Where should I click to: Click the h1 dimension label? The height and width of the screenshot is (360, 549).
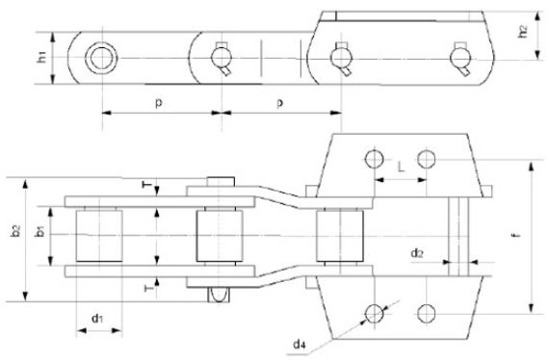pos(41,58)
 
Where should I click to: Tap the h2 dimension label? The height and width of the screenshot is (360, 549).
pos(522,31)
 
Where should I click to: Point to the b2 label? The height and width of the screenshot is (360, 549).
pos(13,234)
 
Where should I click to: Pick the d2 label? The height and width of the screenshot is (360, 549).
pos(416,253)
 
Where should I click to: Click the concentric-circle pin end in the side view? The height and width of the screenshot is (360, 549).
pos(98,59)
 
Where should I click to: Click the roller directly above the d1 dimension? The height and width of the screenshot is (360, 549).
pos(98,236)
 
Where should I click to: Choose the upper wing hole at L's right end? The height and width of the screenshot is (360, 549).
pos(426,158)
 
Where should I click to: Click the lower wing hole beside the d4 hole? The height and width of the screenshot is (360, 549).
pos(426,311)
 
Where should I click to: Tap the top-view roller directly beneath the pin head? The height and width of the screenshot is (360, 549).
pos(221,236)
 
